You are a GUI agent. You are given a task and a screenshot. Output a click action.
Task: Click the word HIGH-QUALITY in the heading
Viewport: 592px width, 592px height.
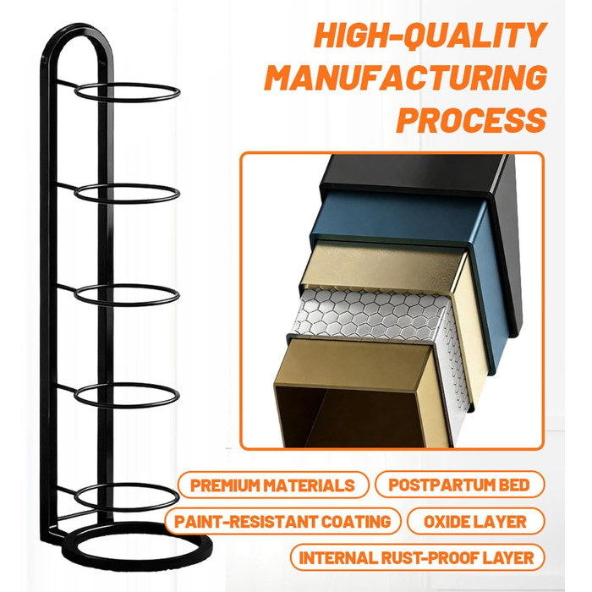430,36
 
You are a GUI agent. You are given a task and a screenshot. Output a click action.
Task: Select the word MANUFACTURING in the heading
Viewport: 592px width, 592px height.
406,78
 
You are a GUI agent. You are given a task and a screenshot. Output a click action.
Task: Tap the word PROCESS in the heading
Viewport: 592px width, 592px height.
472,120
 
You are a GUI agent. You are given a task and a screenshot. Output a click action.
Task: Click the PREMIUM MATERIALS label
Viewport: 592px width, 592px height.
272,485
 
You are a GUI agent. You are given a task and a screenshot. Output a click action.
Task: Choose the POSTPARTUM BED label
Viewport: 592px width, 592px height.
459,485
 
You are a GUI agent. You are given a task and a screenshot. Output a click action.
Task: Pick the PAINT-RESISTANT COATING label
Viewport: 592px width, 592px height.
282,522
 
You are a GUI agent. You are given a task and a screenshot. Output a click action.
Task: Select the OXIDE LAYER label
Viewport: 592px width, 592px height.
475,522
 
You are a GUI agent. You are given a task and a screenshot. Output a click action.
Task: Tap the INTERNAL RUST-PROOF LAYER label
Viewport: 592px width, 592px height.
417,557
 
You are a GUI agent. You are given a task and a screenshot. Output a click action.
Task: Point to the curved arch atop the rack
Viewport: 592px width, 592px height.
78,27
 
